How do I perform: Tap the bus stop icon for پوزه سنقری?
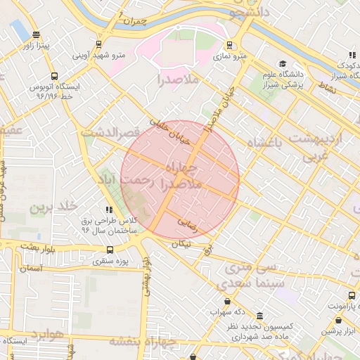coord(110,249)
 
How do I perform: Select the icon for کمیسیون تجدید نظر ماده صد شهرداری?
coord(259,316)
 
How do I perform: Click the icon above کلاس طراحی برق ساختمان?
coord(108,210)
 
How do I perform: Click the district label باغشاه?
coord(268,143)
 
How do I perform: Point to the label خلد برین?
coord(51,208)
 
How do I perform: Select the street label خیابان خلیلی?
coord(172,132)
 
